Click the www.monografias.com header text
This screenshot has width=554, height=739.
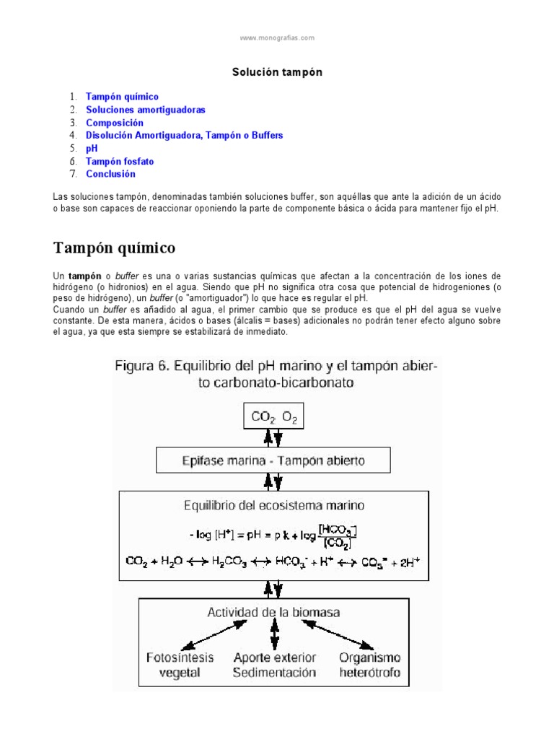277,38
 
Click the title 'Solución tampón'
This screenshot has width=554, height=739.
276,72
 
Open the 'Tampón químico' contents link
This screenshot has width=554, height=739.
122,97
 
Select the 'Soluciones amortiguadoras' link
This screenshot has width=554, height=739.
145,110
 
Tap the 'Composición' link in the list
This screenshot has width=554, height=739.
115,123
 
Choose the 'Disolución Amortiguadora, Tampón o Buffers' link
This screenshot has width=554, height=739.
184,135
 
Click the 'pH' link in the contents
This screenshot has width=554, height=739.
92,148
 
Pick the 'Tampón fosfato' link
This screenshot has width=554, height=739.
120,162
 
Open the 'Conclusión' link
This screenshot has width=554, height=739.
110,174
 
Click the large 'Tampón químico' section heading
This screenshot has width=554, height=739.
115,248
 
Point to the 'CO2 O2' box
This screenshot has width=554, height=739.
274,416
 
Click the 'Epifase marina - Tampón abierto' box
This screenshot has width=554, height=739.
274,460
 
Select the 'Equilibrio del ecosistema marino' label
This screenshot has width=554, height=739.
274,505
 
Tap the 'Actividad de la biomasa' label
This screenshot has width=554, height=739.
274,613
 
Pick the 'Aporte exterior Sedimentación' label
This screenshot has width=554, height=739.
274,665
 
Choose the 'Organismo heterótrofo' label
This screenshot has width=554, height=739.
370,665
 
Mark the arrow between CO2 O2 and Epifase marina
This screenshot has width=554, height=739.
274,437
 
